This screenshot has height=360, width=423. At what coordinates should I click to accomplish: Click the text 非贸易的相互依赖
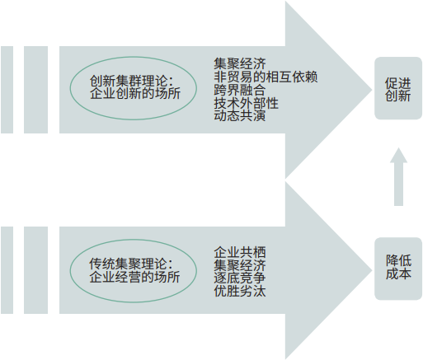tap(266, 77)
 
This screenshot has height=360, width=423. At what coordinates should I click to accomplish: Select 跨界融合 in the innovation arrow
tap(240, 90)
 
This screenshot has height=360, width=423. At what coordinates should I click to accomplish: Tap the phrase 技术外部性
tap(247, 103)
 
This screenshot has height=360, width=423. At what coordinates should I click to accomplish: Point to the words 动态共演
tap(240, 115)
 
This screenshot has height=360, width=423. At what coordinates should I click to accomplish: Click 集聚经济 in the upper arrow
tap(240, 63)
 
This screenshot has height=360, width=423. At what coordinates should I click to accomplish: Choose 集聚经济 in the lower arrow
tap(240, 265)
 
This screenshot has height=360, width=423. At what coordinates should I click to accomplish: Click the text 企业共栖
tap(240, 252)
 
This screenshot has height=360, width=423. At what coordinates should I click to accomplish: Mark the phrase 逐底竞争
tap(240, 278)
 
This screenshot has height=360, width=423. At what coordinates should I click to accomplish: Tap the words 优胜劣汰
tap(240, 291)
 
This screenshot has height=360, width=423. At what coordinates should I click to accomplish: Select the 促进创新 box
tap(398, 88)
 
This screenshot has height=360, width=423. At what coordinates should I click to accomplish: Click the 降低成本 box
tap(398, 269)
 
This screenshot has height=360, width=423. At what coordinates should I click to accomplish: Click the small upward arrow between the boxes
tap(398, 177)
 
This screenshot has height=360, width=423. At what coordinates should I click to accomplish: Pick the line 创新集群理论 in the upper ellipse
tap(132, 82)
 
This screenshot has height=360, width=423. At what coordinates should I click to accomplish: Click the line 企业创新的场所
tap(135, 94)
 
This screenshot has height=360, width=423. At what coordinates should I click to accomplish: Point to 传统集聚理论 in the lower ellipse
tap(131, 264)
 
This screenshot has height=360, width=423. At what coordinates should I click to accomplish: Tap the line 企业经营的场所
tap(134, 277)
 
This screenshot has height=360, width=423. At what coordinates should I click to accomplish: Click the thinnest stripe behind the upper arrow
tap(7, 90)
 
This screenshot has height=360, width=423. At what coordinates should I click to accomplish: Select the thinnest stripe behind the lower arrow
tap(7, 270)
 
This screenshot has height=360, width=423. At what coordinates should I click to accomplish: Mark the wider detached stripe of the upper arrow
tap(35, 90)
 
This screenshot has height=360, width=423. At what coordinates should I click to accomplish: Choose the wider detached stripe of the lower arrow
tap(35, 270)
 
